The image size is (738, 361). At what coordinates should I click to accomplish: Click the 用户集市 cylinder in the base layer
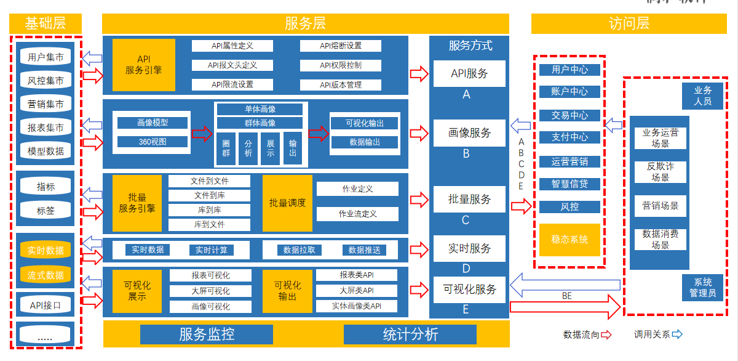(x=46, y=57)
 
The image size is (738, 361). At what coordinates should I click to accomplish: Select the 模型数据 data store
(x=46, y=151)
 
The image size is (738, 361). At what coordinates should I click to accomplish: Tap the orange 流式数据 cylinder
(x=46, y=275)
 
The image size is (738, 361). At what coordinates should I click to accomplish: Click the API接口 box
(x=46, y=304)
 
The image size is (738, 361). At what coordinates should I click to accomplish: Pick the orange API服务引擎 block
(x=144, y=65)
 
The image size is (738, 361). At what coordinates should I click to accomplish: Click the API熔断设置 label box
(x=341, y=46)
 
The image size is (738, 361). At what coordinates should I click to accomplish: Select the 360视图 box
(x=153, y=142)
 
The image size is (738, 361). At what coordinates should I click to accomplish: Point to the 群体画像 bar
(x=260, y=122)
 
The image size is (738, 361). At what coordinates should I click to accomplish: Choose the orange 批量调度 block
(x=287, y=203)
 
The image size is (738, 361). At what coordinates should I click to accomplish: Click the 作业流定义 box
(x=357, y=214)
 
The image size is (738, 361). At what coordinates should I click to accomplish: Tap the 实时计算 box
(x=212, y=250)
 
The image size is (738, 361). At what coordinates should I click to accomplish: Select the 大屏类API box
(x=357, y=290)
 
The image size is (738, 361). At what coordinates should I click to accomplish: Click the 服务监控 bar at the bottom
(x=207, y=335)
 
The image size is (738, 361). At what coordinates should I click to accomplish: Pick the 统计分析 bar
(x=410, y=335)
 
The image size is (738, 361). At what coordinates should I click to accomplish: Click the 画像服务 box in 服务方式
(x=470, y=132)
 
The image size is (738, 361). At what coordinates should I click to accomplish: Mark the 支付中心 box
(x=569, y=137)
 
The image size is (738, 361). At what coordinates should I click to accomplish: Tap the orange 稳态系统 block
(x=569, y=240)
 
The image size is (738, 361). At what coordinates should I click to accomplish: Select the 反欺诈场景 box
(x=661, y=172)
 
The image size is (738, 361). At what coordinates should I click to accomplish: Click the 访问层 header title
(x=629, y=24)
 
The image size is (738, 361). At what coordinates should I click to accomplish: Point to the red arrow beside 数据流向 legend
(x=606, y=335)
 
